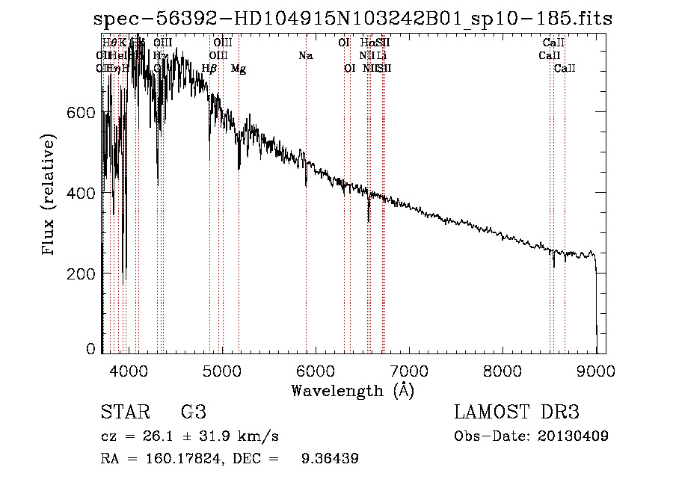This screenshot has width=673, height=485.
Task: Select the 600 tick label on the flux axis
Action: [x=82, y=112]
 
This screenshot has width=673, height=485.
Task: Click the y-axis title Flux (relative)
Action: [x=50, y=196]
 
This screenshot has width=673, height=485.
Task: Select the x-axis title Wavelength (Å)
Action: [x=352, y=390]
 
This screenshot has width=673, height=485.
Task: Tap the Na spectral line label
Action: [x=305, y=55]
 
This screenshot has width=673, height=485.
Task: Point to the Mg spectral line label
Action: [x=238, y=68]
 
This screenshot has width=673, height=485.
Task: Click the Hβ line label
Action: [x=209, y=68]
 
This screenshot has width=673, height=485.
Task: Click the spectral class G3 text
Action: [x=193, y=413]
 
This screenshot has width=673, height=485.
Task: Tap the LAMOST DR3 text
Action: [x=517, y=413]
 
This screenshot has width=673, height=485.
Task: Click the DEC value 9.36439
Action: [x=329, y=459]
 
